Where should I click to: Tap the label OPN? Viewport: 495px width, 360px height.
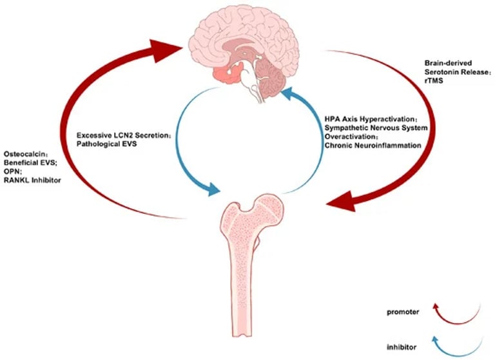tap(12, 172)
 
